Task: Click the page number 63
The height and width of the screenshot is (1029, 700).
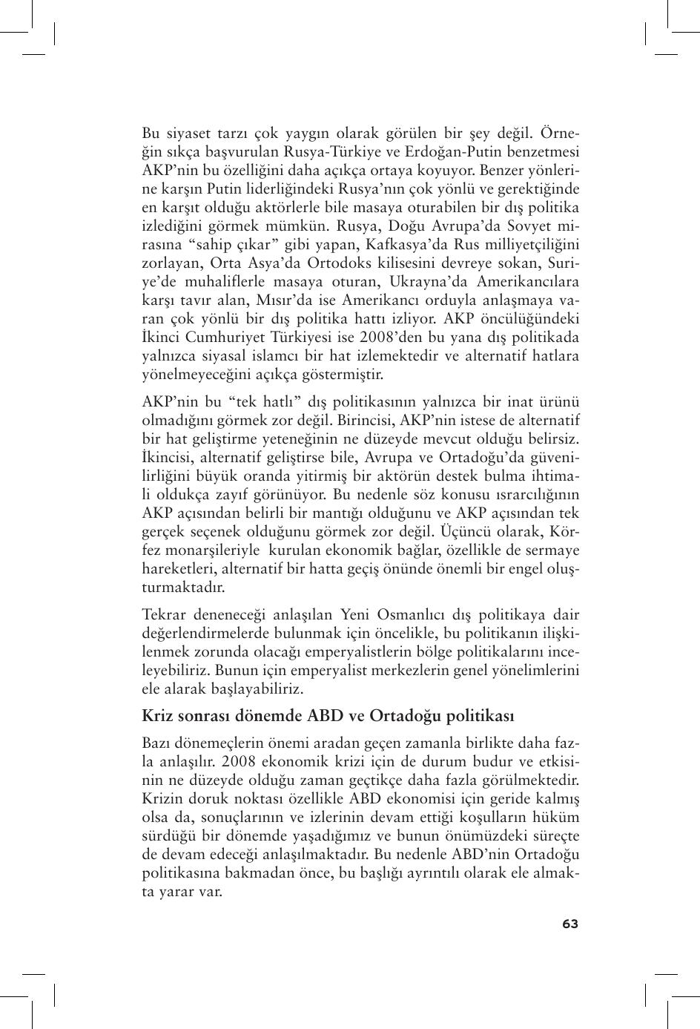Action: (x=569, y=924)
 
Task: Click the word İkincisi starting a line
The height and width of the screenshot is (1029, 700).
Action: (x=168, y=457)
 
